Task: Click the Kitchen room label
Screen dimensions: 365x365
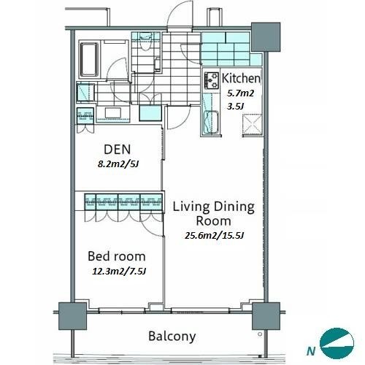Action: pyautogui.click(x=241, y=78)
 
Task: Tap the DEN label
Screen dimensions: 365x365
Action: pyautogui.click(x=118, y=150)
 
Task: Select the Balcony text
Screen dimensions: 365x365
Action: pyautogui.click(x=172, y=337)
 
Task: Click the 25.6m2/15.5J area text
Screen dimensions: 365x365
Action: pyautogui.click(x=214, y=236)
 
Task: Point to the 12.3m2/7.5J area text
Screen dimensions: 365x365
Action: pyautogui.click(x=119, y=271)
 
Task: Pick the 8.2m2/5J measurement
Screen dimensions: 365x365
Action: pyautogui.click(x=118, y=164)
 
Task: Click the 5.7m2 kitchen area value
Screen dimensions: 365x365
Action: pyautogui.click(x=240, y=93)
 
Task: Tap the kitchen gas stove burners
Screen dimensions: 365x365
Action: pyautogui.click(x=211, y=80)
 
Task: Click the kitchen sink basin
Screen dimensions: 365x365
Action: pyautogui.click(x=211, y=122)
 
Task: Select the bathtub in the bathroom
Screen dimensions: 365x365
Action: pyautogui.click(x=89, y=60)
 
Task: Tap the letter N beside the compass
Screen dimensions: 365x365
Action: pyautogui.click(x=311, y=351)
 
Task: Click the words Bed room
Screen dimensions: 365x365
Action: pyautogui.click(x=117, y=256)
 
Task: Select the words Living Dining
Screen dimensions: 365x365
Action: pyautogui.click(x=214, y=207)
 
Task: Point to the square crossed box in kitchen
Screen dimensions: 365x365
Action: pyautogui.click(x=253, y=124)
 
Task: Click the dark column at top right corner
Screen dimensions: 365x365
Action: pyautogui.click(x=266, y=37)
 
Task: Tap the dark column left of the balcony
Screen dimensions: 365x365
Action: pyautogui.click(x=72, y=316)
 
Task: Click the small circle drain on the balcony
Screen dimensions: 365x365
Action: pyautogui.click(x=260, y=334)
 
